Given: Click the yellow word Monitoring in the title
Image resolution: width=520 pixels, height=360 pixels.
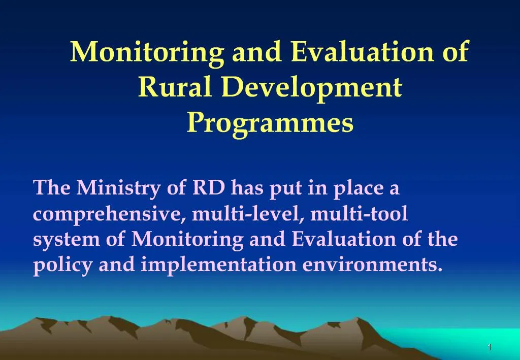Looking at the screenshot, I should [x=147, y=52].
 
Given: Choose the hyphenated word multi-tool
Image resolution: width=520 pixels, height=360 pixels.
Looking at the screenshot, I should [x=359, y=214].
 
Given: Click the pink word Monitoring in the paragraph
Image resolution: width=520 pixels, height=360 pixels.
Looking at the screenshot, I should [x=187, y=239].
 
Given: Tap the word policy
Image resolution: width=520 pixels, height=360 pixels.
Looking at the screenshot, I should [x=63, y=265].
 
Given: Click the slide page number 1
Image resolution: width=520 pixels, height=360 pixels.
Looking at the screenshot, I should [x=489, y=347].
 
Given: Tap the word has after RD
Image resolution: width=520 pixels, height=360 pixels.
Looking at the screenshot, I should [x=247, y=188].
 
